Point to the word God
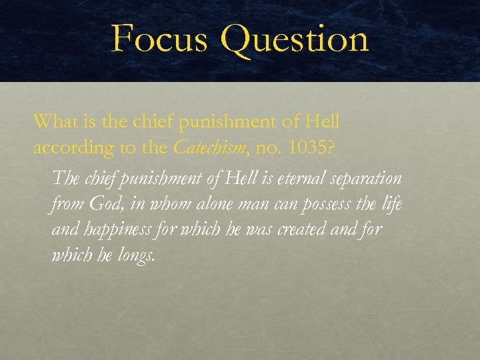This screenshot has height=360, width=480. [x=101, y=204]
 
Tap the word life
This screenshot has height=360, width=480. [x=390, y=204]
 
